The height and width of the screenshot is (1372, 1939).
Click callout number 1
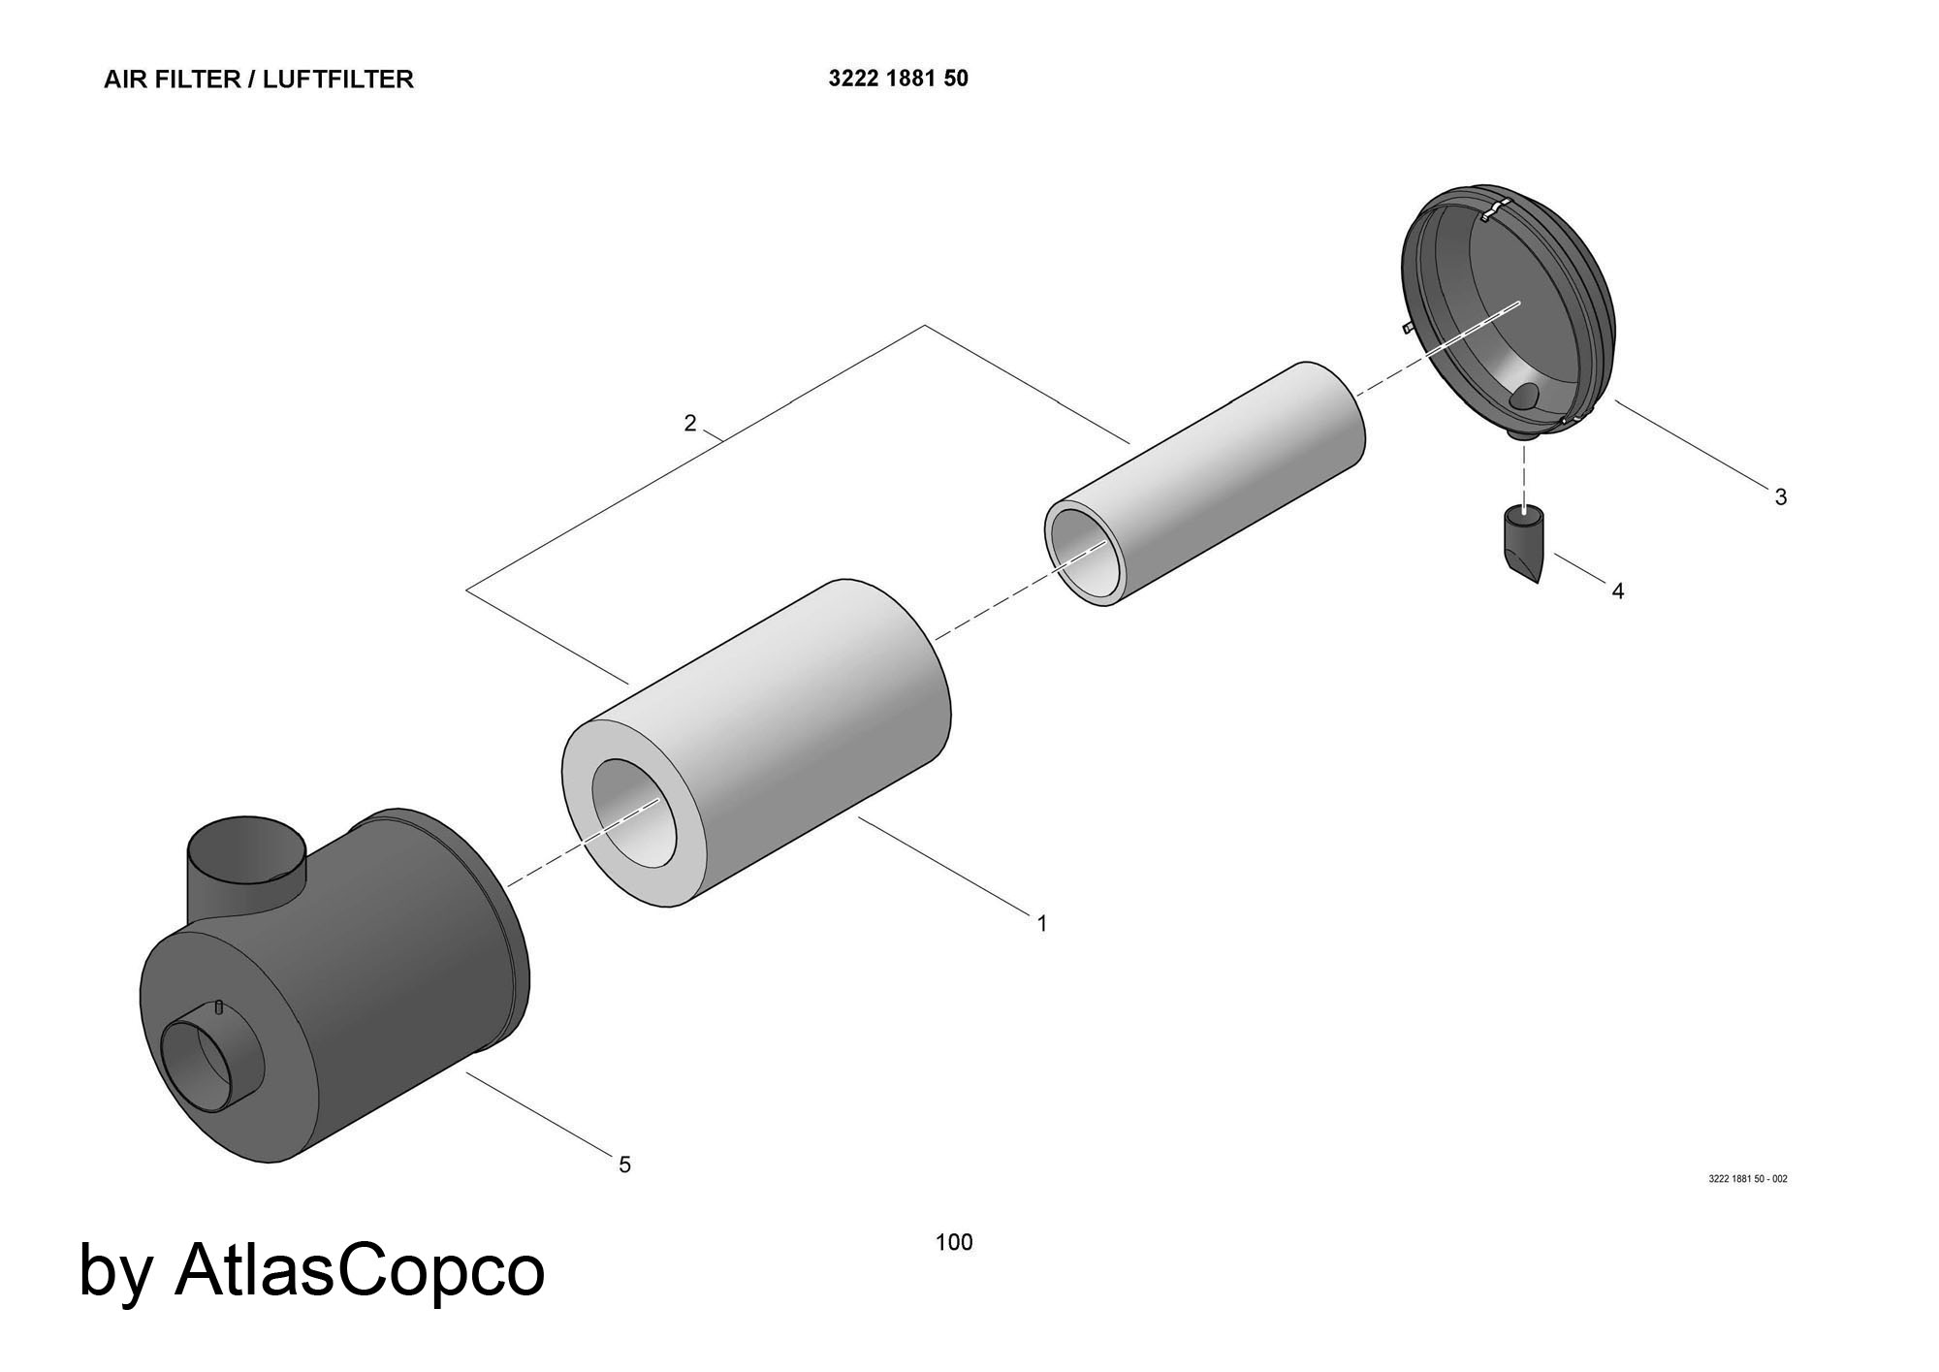tap(1042, 924)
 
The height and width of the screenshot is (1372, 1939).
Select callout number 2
tap(689, 424)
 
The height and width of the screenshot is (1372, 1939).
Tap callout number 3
tap(1780, 497)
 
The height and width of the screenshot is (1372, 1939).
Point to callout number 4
tap(1617, 590)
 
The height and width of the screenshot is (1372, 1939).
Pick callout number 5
tap(625, 1165)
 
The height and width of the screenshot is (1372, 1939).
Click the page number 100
tap(954, 1242)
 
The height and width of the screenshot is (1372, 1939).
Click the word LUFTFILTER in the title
tap(338, 80)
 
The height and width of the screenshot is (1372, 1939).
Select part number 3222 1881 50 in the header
tap(898, 79)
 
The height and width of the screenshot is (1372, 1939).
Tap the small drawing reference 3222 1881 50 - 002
tap(1747, 1179)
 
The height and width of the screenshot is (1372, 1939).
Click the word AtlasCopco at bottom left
tap(359, 1270)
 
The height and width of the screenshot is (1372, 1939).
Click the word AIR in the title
tap(125, 80)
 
